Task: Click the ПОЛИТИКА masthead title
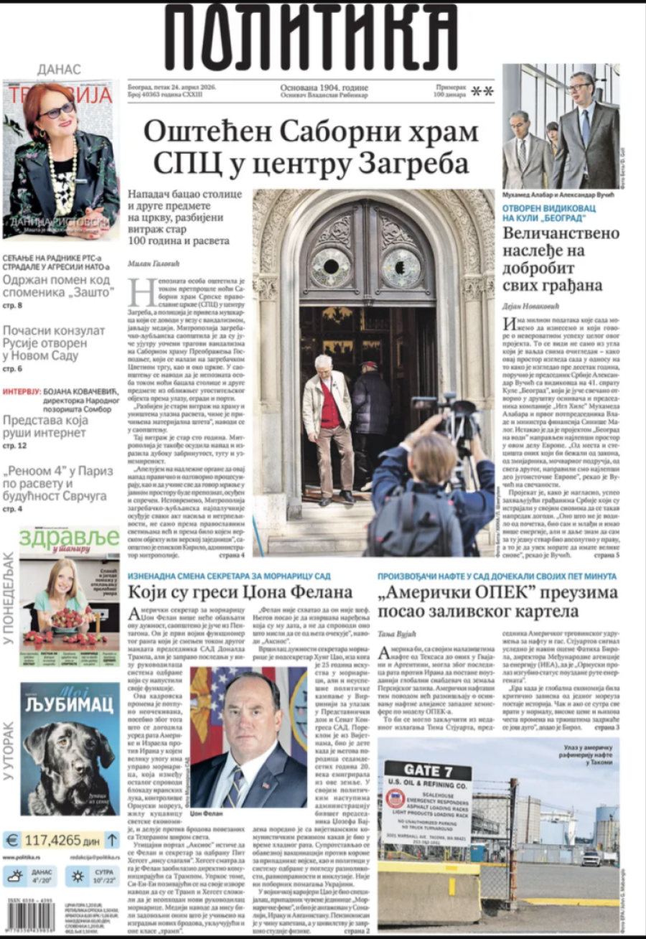tap(311, 37)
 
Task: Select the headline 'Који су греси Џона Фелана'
tap(240, 592)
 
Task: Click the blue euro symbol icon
tap(11, 839)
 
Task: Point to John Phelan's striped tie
tap(235, 786)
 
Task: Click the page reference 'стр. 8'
tap(12, 306)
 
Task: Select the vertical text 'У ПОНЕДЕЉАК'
tap(9, 597)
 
